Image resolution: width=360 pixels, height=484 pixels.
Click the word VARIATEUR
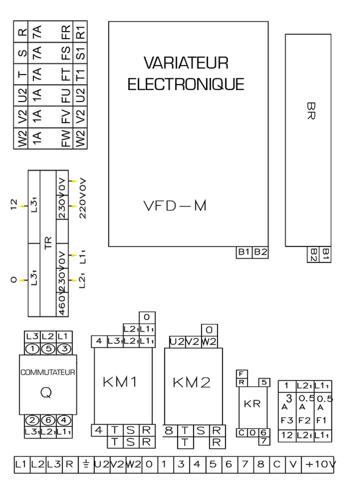(x=186, y=63)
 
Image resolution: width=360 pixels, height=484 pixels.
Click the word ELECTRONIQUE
(x=186, y=84)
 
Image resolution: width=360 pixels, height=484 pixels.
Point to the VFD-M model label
(x=175, y=206)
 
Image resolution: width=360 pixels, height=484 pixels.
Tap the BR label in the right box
(x=310, y=111)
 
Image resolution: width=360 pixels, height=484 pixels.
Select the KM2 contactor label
(x=191, y=383)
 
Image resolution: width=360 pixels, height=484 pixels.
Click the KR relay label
(x=252, y=404)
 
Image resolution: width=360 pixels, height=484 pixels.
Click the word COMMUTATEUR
(x=48, y=373)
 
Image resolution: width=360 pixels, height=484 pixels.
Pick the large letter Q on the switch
(x=46, y=393)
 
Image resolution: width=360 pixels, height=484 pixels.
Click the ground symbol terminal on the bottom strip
(x=86, y=464)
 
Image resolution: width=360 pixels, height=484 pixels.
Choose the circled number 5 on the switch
(x=48, y=349)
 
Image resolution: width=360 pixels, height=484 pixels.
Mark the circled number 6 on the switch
(x=48, y=420)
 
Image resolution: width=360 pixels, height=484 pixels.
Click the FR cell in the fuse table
(x=66, y=32)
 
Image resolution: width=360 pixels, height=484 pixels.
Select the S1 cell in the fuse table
(x=80, y=53)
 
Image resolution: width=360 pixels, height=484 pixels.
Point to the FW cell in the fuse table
(x=66, y=138)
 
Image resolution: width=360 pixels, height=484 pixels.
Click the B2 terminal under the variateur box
(x=260, y=252)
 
